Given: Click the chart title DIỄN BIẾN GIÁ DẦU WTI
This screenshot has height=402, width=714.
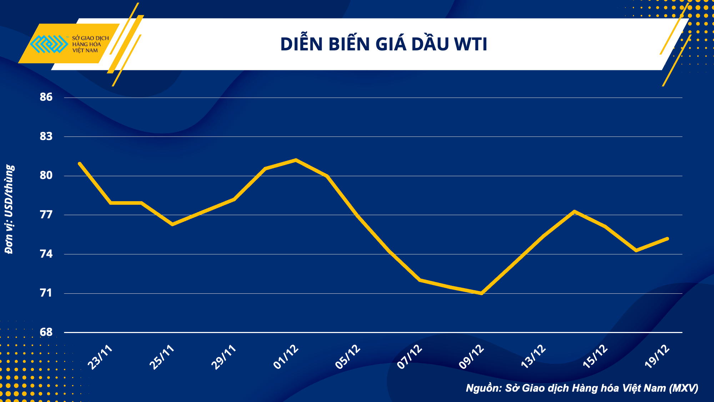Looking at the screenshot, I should tap(383, 44).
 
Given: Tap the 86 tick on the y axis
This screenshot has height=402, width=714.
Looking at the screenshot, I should tap(46, 97).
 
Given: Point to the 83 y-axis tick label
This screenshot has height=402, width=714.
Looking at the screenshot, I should tap(46, 136).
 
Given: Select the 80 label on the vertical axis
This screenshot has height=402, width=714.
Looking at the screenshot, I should tap(46, 175).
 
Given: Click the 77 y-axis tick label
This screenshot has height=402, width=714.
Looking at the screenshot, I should tap(46, 214).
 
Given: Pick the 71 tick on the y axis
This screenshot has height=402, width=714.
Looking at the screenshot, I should tap(46, 293).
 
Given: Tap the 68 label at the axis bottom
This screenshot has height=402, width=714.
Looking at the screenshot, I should tap(46, 332).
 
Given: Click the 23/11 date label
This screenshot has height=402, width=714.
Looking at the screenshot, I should tap(100, 357).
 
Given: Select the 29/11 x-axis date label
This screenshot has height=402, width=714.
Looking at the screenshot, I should tap(224, 357).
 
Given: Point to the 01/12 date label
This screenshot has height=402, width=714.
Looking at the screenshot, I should tap(286, 357).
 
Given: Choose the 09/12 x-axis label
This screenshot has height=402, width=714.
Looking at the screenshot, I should tap(472, 357).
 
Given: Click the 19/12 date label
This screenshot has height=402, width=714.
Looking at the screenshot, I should tap(657, 357).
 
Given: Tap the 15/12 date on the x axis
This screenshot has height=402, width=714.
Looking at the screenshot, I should tap(595, 357).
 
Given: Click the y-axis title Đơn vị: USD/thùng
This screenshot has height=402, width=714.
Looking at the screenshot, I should tap(10, 209).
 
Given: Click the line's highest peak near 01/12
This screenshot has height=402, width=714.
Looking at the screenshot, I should tap(296, 160).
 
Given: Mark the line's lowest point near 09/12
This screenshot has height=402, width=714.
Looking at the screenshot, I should tap(482, 293).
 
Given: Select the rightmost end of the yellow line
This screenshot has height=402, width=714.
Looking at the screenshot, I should tap(667, 239).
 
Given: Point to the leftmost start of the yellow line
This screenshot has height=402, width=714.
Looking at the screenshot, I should tap(80, 164).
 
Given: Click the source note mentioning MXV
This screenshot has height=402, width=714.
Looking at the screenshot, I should tap(582, 388).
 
